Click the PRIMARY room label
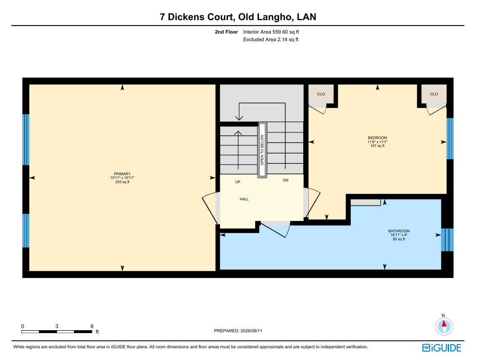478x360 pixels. pos(122,174)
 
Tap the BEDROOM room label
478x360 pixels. pos(377,138)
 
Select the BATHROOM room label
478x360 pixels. pos(399,231)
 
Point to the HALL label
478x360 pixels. pos(244,199)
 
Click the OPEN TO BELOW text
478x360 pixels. pos(262,150)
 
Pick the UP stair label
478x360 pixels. pos(238,182)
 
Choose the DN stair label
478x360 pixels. pos(286,180)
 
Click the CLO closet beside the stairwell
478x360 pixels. pos(321,94)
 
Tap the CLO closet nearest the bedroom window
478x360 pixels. pos(434,94)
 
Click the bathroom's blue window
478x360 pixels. pos(447,240)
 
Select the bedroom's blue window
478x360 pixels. pos(450,139)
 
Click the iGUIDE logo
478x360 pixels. pos(441,348)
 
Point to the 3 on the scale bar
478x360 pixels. pos(57,326)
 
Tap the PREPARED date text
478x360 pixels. pos(238,331)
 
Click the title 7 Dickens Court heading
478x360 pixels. pos(238,17)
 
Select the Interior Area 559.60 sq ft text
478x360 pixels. pos(271,32)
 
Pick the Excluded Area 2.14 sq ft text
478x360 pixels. pos(271,39)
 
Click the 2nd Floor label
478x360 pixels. pos(226,32)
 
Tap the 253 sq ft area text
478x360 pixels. pos(122,182)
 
